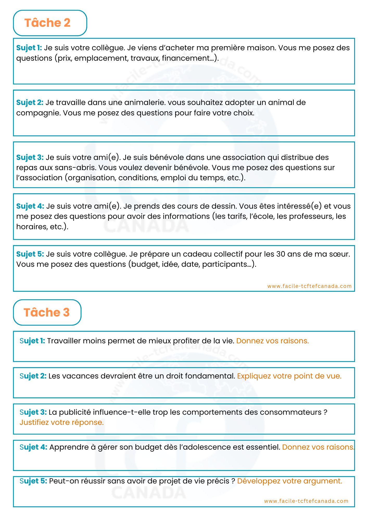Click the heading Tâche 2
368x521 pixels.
(47, 23)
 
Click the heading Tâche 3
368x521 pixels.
(47, 312)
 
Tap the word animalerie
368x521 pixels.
(145, 102)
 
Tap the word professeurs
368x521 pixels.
(311, 216)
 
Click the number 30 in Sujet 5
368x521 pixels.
(281, 254)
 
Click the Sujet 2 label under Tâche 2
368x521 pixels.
(30, 102)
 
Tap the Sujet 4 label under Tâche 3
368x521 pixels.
(33, 447)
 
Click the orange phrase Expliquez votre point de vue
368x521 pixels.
(289, 376)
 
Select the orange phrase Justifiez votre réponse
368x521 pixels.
(62, 422)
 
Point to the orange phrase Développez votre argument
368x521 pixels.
(289, 481)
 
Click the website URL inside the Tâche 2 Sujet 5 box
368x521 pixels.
(309, 286)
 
